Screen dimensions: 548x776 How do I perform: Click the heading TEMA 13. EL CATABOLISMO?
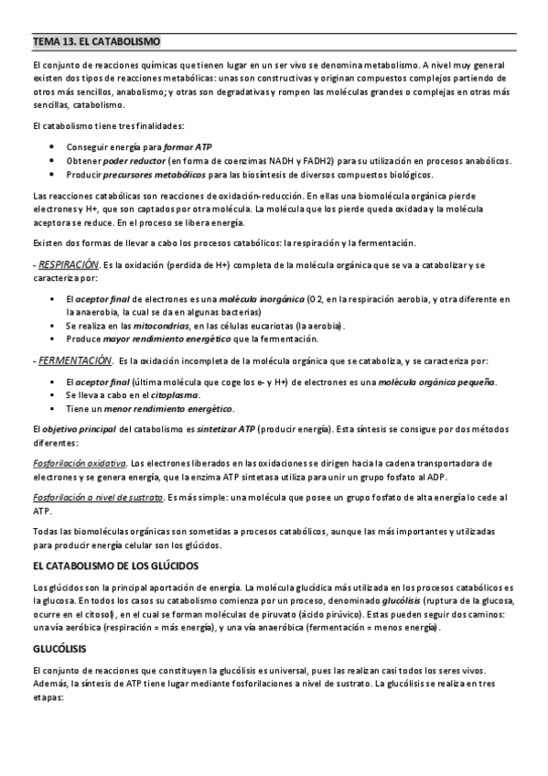pyautogui.click(x=96, y=42)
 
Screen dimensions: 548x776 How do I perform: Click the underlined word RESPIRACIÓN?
pyautogui.click(x=69, y=264)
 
